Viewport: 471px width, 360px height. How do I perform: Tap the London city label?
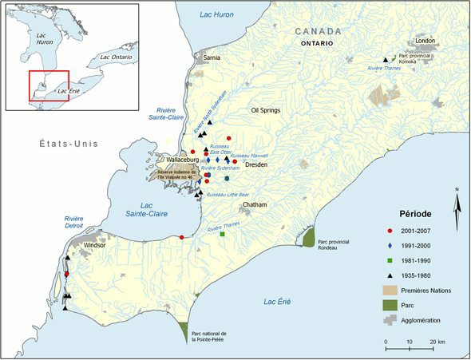425,41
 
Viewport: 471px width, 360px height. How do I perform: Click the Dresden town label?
255,164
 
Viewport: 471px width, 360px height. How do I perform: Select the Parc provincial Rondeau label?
334,243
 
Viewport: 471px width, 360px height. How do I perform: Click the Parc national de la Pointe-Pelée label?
210,336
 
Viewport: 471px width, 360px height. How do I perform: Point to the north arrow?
456,206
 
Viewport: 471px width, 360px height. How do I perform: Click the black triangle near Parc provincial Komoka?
385,59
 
